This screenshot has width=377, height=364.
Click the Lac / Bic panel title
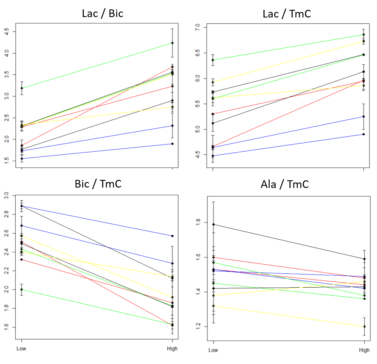pyautogui.click(x=102, y=13)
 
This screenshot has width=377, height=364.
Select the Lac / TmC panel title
pyautogui.click(x=287, y=14)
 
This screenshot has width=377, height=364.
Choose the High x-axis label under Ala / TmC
pyautogui.click(x=364, y=350)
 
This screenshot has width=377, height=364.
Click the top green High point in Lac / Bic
pyautogui.click(x=172, y=43)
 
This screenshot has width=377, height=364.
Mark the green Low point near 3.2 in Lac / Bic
pyautogui.click(x=22, y=88)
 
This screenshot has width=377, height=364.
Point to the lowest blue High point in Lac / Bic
pyautogui.click(x=172, y=144)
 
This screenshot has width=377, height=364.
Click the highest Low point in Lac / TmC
pyautogui.click(x=213, y=60)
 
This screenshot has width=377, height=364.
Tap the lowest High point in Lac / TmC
pyautogui.click(x=363, y=134)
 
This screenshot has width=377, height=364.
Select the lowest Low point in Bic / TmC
pyautogui.click(x=22, y=290)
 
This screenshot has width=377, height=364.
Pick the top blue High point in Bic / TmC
pyautogui.click(x=172, y=236)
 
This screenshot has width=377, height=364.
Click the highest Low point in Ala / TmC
pyautogui.click(x=213, y=224)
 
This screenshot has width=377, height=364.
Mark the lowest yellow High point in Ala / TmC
pyautogui.click(x=364, y=326)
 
